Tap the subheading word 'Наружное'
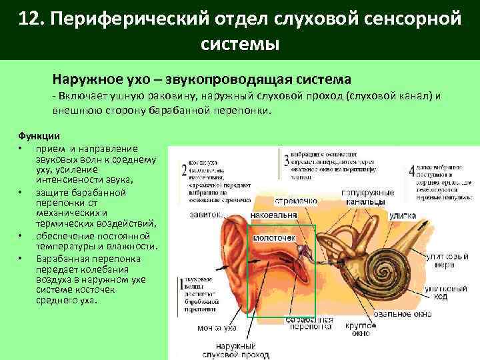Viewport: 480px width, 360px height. [91, 79]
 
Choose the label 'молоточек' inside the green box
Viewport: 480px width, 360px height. [273, 238]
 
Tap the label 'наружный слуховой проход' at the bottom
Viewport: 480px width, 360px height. [231, 349]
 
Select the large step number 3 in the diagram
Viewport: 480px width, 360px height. [285, 161]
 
